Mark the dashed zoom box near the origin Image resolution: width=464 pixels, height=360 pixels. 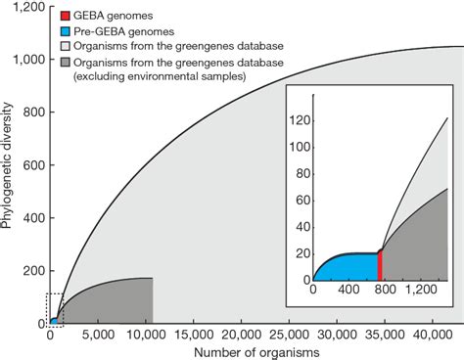55,308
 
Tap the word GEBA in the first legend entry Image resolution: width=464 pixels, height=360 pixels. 90,17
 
